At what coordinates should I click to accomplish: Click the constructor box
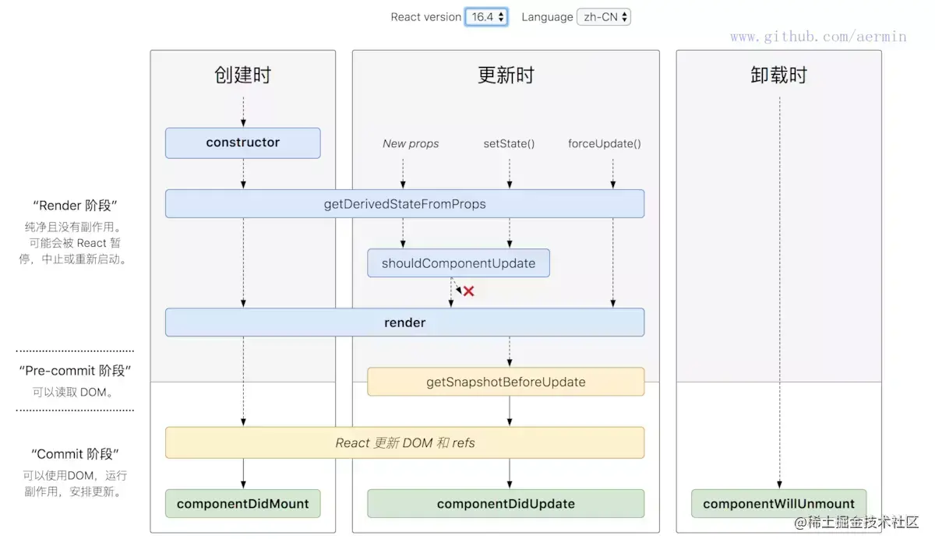pyautogui.click(x=243, y=143)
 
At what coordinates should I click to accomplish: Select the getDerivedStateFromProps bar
pyautogui.click(x=404, y=204)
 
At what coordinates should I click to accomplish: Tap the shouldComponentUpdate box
pyautogui.click(x=458, y=263)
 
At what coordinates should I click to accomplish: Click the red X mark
pyautogui.click(x=468, y=291)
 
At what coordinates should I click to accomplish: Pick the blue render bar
pyautogui.click(x=404, y=322)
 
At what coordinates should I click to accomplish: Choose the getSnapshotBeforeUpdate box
pyautogui.click(x=506, y=382)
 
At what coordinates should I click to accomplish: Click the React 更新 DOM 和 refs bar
pyautogui.click(x=404, y=442)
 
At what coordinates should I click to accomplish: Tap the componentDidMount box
pyautogui.click(x=243, y=504)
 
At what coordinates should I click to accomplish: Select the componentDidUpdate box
pyautogui.click(x=506, y=504)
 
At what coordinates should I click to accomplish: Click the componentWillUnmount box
pyautogui.click(x=778, y=504)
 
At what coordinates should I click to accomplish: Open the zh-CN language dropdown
pyautogui.click(x=604, y=17)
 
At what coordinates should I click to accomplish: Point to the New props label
pyautogui.click(x=411, y=144)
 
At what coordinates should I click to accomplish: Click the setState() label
pyautogui.click(x=510, y=144)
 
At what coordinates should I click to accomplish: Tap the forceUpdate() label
pyautogui.click(x=605, y=144)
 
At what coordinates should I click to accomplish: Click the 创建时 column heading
pyautogui.click(x=243, y=76)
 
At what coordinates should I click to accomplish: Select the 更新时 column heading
pyautogui.click(x=506, y=76)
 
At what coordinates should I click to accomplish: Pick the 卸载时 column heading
pyautogui.click(x=778, y=76)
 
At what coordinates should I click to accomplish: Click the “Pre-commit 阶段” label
pyautogui.click(x=75, y=371)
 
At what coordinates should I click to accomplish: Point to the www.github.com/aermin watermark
pyautogui.click(x=818, y=37)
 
